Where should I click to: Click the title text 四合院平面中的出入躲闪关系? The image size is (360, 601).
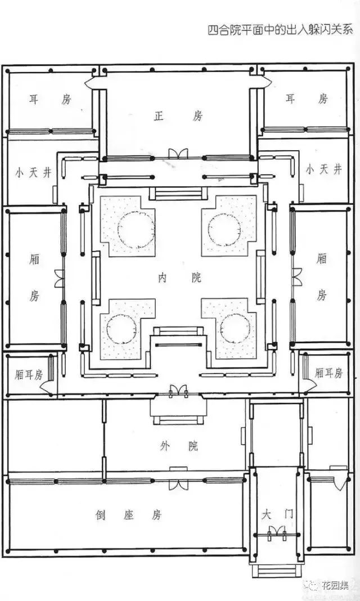coord(280,29)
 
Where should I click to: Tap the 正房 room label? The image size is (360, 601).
coord(178,116)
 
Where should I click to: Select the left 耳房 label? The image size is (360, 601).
coord(50,99)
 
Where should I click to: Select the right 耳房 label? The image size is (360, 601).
coord(307,98)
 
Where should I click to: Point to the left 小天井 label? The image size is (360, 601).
coord(33,173)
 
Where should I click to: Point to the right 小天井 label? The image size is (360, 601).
coord(323,169)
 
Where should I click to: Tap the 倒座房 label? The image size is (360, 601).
coord(129,515)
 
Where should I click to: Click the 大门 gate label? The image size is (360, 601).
coord(278,514)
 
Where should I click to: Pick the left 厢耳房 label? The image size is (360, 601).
coord(29,375)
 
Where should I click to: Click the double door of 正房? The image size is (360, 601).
coord(178,154)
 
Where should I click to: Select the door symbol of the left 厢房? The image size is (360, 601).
coord(60,278)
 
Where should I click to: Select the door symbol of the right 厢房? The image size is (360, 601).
coord(297,277)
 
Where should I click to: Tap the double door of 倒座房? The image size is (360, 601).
coord(178,485)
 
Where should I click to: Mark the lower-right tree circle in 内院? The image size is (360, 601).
coord(235,329)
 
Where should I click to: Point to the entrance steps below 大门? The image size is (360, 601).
coord(277,570)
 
